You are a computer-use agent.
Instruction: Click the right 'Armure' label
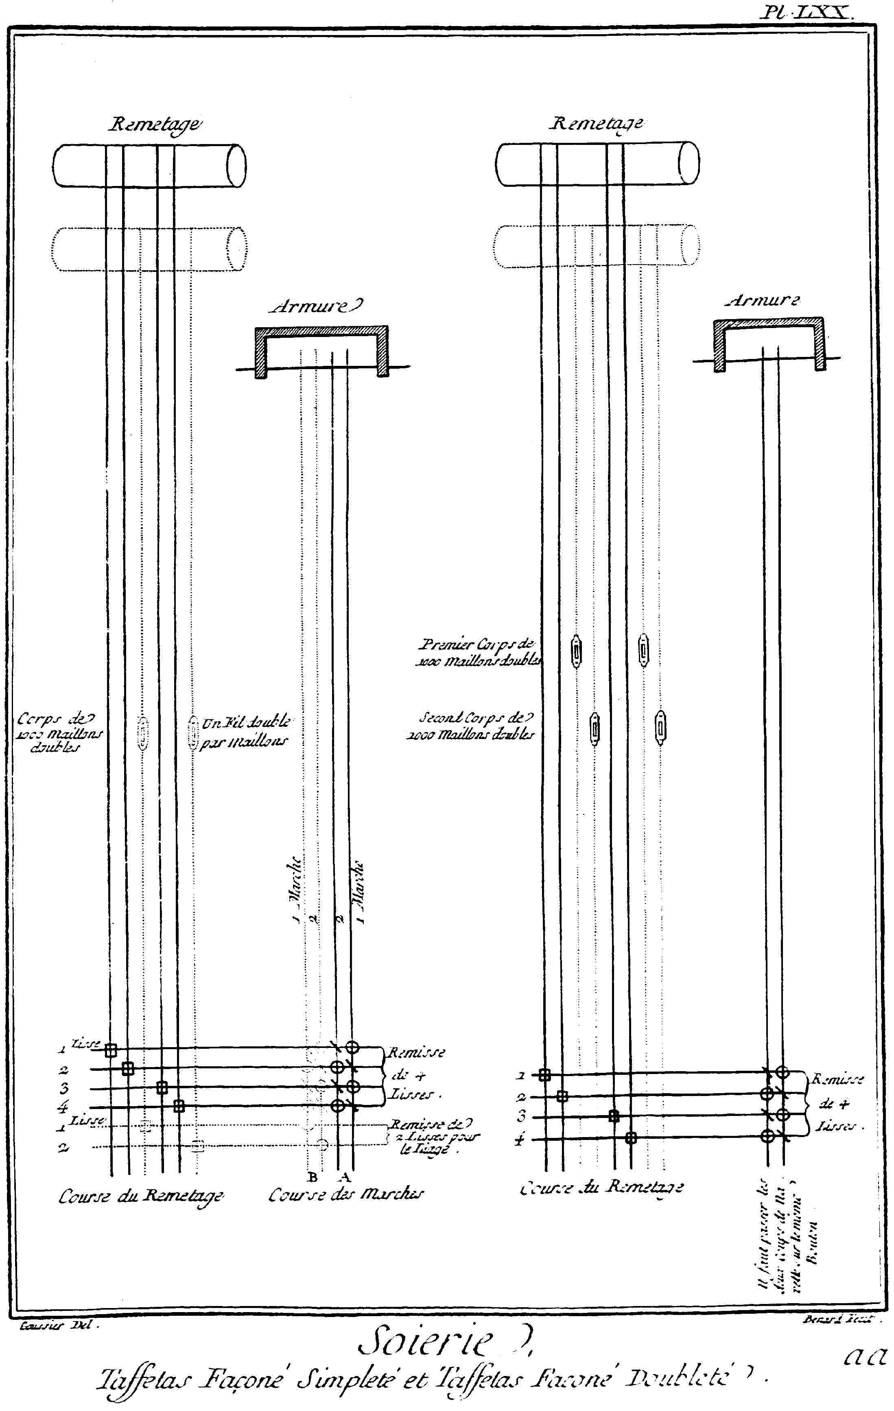[763, 301]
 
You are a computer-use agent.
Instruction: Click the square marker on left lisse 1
[111, 1050]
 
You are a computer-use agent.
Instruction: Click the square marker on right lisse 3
[614, 1116]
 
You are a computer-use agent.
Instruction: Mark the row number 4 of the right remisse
[519, 1140]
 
